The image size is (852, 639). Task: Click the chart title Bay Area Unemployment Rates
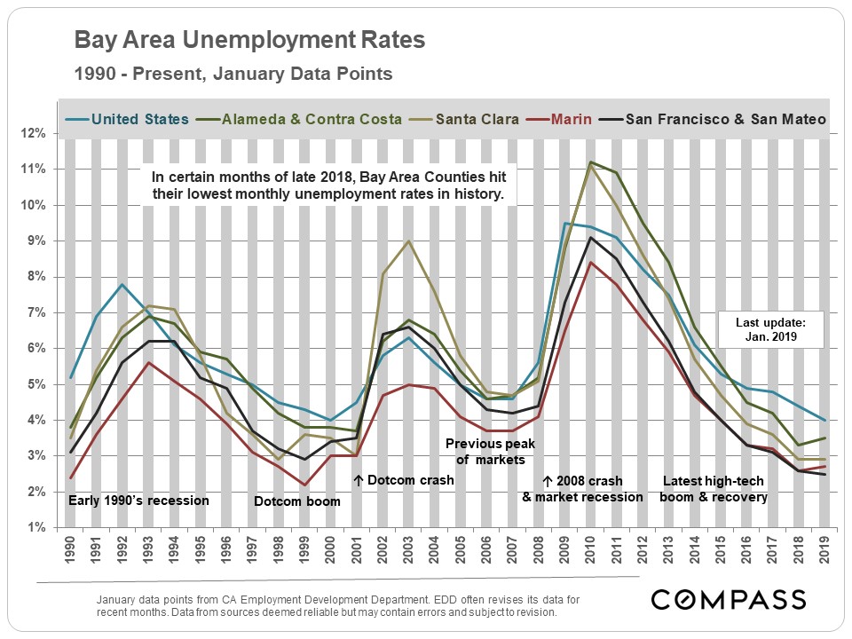(249, 41)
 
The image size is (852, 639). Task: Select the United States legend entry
(139, 118)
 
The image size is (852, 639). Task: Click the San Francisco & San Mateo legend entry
(726, 118)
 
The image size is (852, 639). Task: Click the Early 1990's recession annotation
(138, 501)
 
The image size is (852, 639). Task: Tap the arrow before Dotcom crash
(358, 480)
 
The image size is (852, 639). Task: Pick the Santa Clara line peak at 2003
(407, 241)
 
